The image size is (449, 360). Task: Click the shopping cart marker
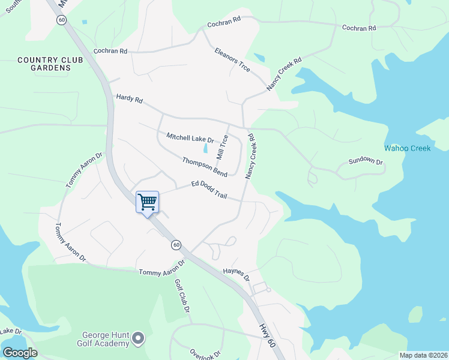(x=147, y=202)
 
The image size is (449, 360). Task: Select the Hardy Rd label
(x=129, y=99)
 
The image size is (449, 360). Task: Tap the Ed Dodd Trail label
(x=209, y=190)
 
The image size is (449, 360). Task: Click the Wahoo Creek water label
(x=408, y=148)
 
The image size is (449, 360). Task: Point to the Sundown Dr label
(x=366, y=161)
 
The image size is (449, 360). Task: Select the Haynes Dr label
(x=236, y=275)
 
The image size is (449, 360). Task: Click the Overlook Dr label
(x=206, y=354)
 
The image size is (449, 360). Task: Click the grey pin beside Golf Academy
(x=139, y=339)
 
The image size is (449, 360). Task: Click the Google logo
(x=19, y=353)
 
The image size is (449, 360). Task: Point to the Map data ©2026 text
(x=423, y=355)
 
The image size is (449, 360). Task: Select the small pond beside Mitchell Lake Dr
(x=206, y=148)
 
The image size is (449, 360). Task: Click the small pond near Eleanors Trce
(x=259, y=58)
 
